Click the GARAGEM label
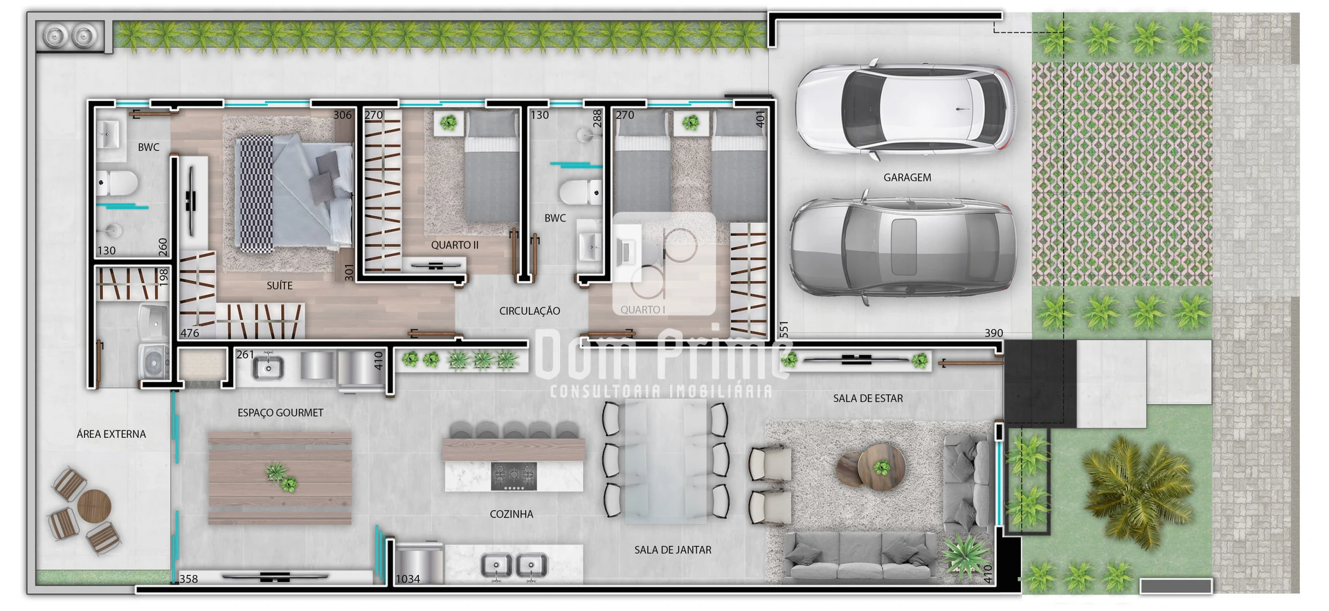[907, 178]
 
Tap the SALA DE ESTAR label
[868, 399]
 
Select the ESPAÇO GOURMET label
[280, 412]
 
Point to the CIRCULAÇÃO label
[530, 311]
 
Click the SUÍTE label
[280, 285]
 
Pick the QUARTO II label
[455, 245]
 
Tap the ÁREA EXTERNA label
[111, 434]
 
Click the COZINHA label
[512, 514]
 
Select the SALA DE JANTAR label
[673, 550]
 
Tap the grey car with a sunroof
[903, 248]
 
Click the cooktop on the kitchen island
[514, 476]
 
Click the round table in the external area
[94, 506]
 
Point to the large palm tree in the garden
[1128, 491]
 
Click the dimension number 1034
[408, 579]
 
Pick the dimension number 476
[190, 333]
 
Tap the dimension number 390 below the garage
[994, 333]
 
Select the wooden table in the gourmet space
[280, 478]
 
